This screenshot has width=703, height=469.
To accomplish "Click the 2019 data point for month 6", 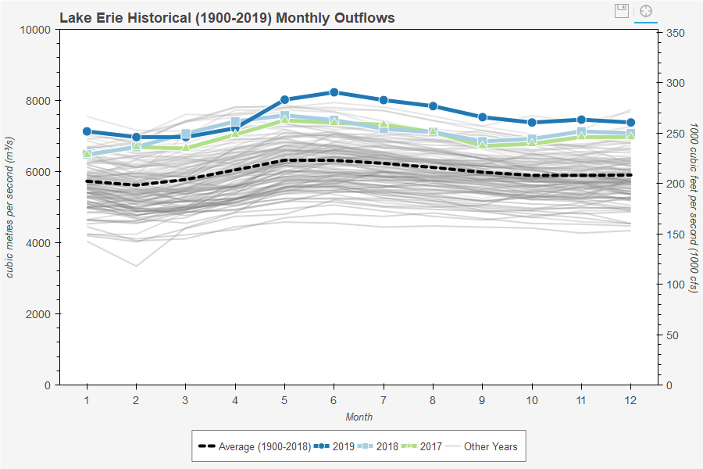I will tap(334, 92).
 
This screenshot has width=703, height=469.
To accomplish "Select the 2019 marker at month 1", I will tap(87, 131).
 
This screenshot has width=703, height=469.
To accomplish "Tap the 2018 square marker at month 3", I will tap(186, 134).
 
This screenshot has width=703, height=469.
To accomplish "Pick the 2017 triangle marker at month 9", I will tap(483, 145).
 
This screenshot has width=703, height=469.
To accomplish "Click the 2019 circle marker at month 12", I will tap(631, 123).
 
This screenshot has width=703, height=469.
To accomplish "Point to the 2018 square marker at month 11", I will tap(582, 132).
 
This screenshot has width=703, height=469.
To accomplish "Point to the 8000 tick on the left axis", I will tap(40, 101).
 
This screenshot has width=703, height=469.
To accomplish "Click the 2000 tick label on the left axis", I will tap(40, 314).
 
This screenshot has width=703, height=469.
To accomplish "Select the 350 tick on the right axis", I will tap(676, 33).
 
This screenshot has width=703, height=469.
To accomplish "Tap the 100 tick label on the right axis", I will tap(676, 285).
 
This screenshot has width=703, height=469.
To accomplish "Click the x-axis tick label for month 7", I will tap(384, 399).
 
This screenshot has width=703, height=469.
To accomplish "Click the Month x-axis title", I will tap(359, 417).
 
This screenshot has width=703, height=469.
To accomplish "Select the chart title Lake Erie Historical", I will tap(227, 17).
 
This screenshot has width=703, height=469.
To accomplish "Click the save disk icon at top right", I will tap(622, 11).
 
